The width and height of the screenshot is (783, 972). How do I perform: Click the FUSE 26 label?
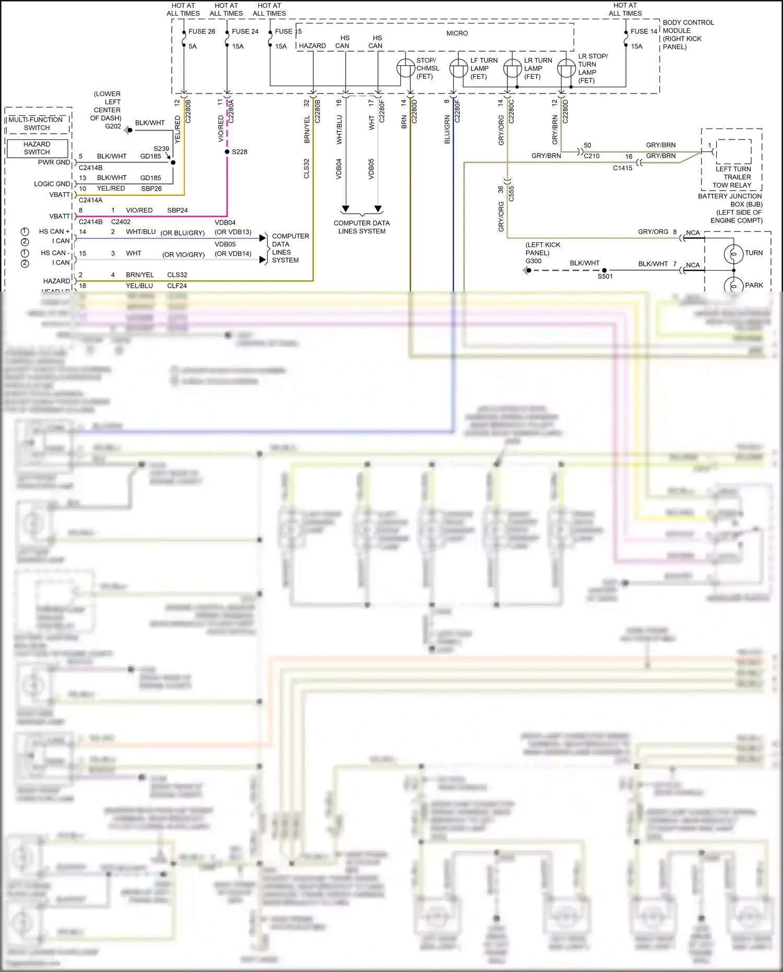click(201, 31)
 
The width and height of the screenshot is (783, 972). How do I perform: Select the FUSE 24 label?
click(245, 31)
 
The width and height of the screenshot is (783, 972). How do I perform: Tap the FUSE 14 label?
click(644, 31)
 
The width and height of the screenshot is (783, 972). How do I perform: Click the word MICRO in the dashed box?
click(457, 33)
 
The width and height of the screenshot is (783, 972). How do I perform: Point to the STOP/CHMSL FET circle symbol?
click(405, 68)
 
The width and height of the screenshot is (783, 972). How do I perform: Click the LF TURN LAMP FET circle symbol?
click(458, 68)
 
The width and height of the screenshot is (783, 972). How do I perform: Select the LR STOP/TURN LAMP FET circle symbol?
click(566, 68)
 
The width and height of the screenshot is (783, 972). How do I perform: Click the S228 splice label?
click(240, 152)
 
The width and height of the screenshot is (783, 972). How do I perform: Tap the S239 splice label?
click(161, 149)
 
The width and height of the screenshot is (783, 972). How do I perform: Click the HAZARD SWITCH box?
click(37, 148)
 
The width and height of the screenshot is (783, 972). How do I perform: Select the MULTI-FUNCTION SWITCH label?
click(36, 124)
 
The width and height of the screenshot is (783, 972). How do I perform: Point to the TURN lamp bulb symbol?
click(733, 254)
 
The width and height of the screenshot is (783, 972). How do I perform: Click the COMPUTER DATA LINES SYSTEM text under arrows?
click(361, 227)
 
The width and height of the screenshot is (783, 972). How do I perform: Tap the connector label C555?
click(512, 193)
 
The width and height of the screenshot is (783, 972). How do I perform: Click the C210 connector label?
click(591, 156)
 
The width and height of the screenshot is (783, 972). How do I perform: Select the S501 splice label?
click(605, 277)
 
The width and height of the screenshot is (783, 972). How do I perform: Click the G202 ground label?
click(113, 126)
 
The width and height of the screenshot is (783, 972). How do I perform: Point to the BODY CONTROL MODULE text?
click(688, 34)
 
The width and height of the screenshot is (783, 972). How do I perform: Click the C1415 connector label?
click(622, 168)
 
